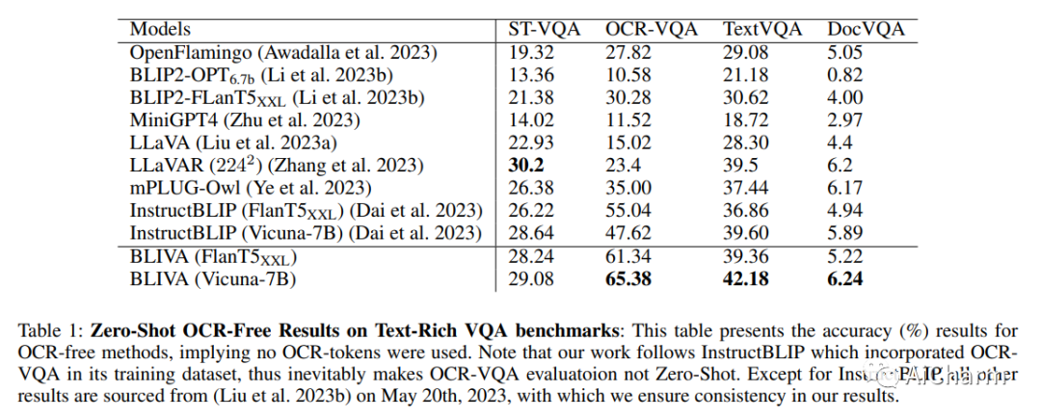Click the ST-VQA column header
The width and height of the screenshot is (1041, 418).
click(545, 29)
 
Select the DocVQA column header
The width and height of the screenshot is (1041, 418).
click(866, 29)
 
